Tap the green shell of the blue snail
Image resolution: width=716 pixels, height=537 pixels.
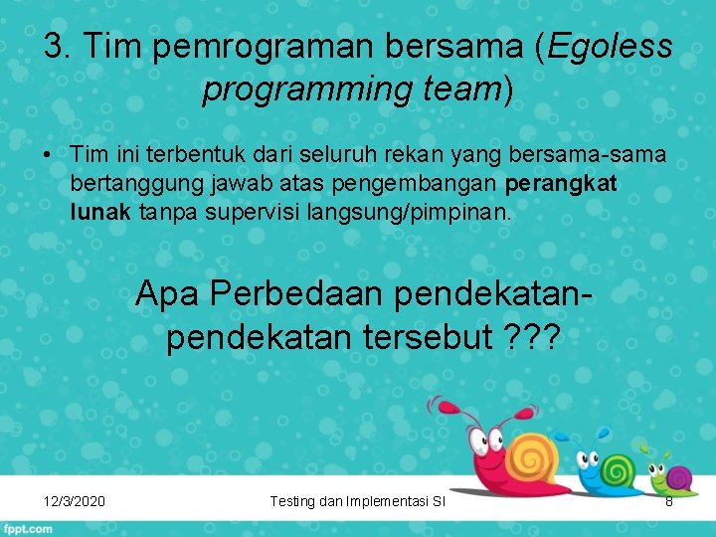click(618, 467)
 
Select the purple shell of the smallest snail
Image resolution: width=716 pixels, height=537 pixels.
click(679, 477)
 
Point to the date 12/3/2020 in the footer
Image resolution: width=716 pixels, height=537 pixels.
click(76, 501)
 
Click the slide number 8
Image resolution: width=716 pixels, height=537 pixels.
click(669, 501)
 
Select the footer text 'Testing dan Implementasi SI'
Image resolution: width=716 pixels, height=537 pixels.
click(357, 501)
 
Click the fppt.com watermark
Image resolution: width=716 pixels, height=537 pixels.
click(28, 528)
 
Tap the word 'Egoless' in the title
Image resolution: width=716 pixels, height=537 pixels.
click(610, 46)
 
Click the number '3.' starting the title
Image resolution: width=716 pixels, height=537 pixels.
click(58, 46)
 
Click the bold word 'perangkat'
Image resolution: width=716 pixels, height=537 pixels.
click(562, 183)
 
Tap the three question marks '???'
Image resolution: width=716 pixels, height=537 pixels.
click(532, 337)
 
